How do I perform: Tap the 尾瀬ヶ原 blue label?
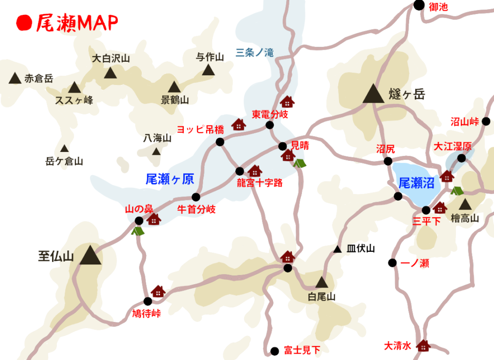point(169,180)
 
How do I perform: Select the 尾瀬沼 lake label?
point(416,182)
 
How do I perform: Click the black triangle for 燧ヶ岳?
point(373,94)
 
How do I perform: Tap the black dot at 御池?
point(419,5)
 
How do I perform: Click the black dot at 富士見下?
point(274,351)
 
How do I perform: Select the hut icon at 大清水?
point(423,346)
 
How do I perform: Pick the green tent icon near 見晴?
point(299,163)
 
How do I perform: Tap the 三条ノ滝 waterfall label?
point(255,53)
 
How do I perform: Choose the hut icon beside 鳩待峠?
point(158,291)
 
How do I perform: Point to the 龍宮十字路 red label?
point(260,183)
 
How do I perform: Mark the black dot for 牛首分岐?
point(195,197)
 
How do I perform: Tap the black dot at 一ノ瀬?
point(392,263)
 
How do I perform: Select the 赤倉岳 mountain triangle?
point(15,78)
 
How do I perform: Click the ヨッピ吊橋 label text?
point(201,129)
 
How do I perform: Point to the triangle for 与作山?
point(208,70)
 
